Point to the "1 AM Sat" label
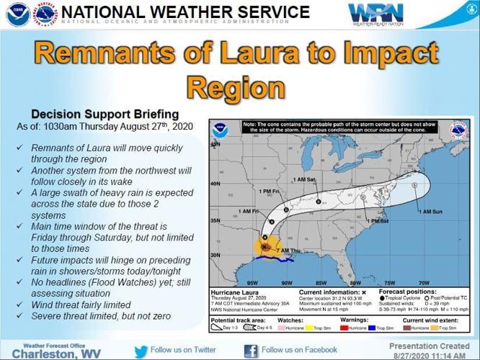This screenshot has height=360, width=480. click(306, 179)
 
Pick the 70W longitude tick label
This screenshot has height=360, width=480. click(425, 282)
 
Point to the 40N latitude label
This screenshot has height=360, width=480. click(214, 184)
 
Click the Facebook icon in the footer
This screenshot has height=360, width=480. click(251, 351)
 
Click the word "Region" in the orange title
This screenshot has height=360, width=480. click(235, 86)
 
